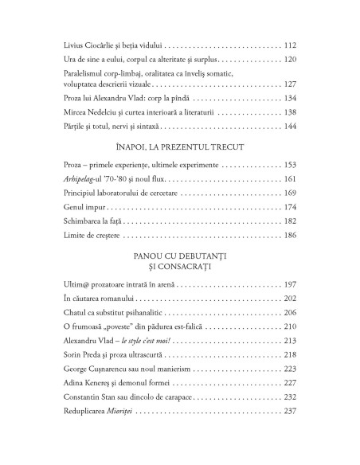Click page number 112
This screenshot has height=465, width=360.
click(290, 45)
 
